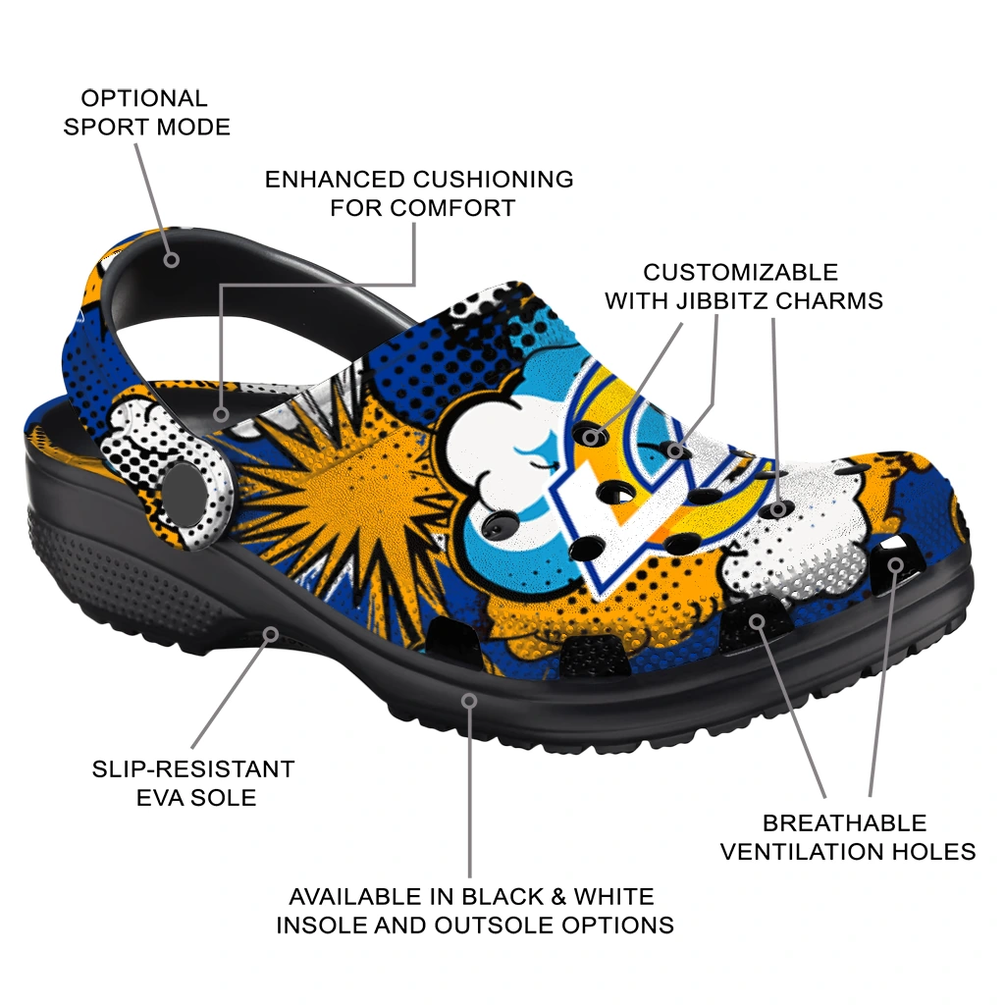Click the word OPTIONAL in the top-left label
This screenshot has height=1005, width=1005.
144,98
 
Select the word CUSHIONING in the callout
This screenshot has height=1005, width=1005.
493,180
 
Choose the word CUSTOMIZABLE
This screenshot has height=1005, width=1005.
740,272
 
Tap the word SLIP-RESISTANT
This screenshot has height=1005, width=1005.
193,768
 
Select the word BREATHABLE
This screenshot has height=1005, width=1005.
844,822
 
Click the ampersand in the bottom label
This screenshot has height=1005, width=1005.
557,896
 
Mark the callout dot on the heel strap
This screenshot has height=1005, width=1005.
171,259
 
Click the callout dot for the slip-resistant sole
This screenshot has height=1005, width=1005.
271,635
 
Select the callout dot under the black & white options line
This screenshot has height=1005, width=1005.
469,701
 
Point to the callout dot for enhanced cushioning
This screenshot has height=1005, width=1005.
221,414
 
